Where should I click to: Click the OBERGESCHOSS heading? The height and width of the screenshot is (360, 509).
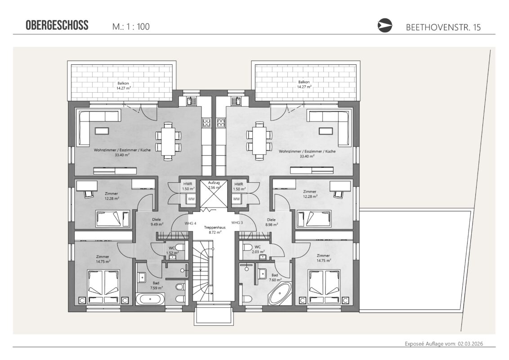point(57,25)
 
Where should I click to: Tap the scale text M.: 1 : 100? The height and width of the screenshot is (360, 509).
point(131,27)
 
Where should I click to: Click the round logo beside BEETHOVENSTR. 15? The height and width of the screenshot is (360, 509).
point(384,26)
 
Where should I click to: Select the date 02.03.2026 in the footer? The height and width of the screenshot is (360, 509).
point(470,344)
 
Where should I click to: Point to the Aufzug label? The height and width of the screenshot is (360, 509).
point(214,183)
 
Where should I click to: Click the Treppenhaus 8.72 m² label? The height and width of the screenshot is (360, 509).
point(214,229)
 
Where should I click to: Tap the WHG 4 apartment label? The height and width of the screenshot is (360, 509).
point(190,223)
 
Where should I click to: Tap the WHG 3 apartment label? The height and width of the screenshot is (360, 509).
point(237,223)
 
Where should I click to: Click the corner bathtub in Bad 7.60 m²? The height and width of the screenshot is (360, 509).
point(280,293)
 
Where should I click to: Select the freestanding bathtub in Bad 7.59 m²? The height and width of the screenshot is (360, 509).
point(150,299)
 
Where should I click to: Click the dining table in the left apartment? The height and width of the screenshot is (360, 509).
point(168,141)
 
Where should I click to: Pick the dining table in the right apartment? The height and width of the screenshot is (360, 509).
point(259,141)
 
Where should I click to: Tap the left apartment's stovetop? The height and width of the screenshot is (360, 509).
point(207,122)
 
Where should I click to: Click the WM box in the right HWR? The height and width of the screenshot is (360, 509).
point(237,199)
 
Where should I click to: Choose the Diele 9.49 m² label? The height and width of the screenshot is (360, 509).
point(156,221)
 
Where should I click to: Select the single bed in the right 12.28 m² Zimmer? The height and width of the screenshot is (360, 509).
point(314,219)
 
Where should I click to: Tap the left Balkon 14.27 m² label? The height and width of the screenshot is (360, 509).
point(123,85)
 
